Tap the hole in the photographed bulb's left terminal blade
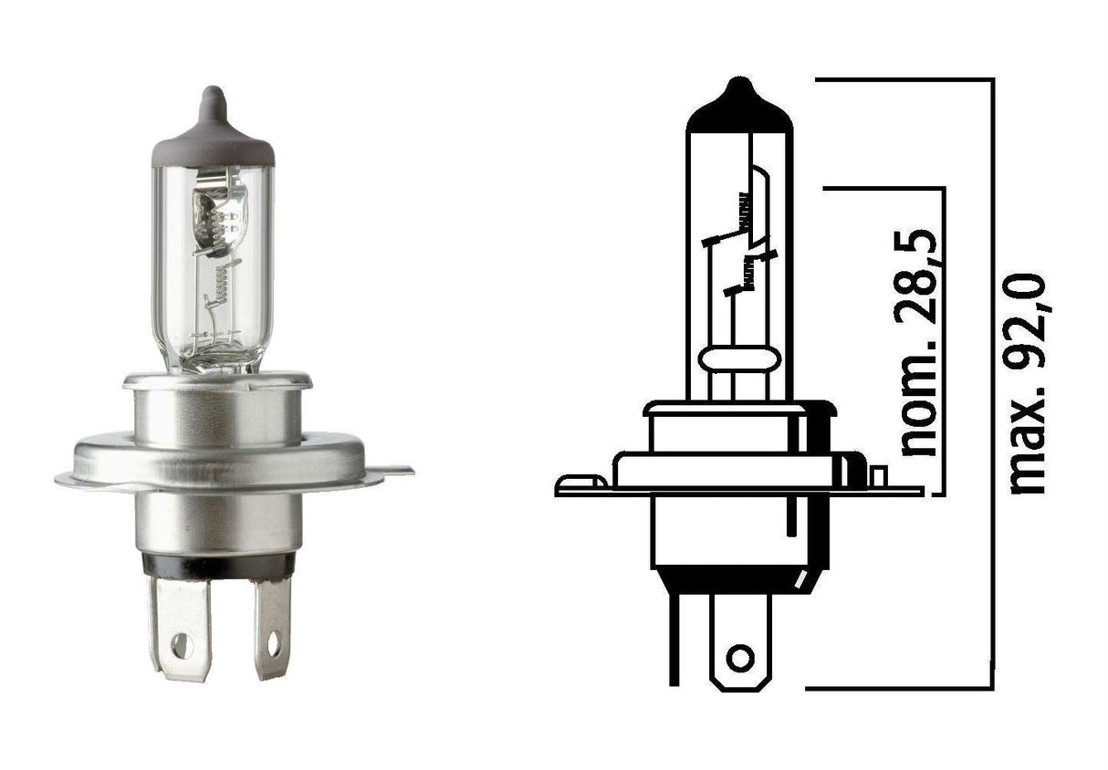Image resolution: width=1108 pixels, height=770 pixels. pyautogui.click(x=182, y=646)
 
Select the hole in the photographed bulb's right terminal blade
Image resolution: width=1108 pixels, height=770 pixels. pyautogui.click(x=273, y=644)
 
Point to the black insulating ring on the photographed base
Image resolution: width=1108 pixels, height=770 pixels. pyautogui.click(x=218, y=566)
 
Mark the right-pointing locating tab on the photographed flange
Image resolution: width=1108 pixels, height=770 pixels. pyautogui.click(x=394, y=471)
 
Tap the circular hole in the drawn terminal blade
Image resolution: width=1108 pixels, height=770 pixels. pyautogui.click(x=740, y=657)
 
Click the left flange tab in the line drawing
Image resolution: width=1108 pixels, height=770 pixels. pyautogui.click(x=580, y=483)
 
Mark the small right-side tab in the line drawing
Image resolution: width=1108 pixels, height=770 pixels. pyautogui.click(x=879, y=475)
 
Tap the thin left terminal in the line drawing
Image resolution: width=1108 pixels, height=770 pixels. pyautogui.click(x=674, y=639)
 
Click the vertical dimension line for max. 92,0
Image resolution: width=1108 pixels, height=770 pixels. pyautogui.click(x=992, y=383)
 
